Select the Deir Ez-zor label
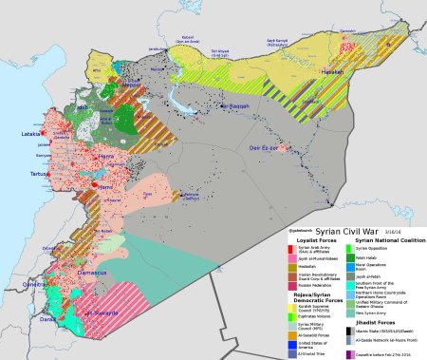click(x=263, y=148)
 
